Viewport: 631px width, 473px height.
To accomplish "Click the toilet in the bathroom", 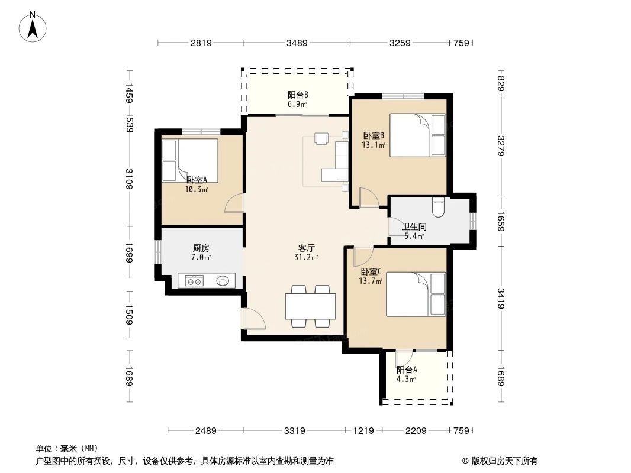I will (439, 207).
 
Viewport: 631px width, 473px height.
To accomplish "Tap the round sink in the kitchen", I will (223, 281).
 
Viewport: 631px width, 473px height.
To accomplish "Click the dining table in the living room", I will (310, 306).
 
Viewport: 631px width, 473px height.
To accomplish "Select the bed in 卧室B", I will (417, 135).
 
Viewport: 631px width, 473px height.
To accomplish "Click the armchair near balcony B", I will (321, 138).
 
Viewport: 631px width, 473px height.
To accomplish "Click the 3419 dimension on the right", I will (501, 298).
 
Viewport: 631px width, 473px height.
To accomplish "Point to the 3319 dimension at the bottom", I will (294, 431).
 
